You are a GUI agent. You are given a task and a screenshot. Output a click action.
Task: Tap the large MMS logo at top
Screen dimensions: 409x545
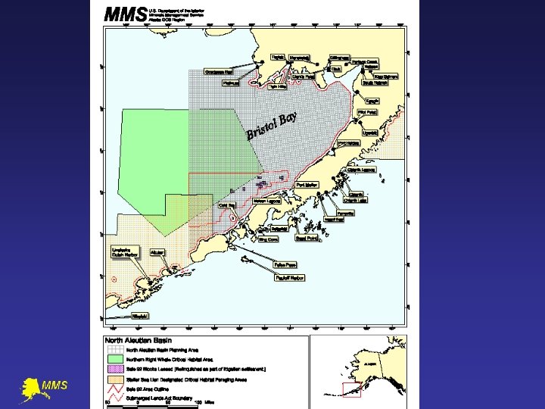(x=124, y=14)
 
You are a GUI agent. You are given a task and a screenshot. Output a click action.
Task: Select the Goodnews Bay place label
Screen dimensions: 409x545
(x=218, y=72)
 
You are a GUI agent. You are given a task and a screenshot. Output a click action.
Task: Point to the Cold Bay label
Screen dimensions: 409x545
(x=226, y=205)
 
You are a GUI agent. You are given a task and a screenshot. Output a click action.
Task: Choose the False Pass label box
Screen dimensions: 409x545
(x=285, y=265)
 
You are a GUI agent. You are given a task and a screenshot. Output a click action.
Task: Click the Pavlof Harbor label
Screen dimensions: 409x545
(x=289, y=278)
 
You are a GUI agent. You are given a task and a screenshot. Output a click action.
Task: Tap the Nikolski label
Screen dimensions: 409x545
(x=140, y=316)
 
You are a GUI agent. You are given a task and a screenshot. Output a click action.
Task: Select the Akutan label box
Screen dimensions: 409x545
(x=157, y=252)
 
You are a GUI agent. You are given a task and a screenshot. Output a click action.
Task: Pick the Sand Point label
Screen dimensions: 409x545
(x=306, y=238)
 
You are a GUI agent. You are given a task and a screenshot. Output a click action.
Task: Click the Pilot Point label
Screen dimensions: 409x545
(x=367, y=112)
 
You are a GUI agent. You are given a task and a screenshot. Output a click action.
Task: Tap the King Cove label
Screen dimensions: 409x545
(x=268, y=239)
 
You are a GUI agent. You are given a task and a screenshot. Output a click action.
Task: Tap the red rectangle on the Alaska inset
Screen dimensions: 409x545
(x=351, y=390)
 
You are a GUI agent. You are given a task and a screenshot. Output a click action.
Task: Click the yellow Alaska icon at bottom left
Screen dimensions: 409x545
(x=33, y=388)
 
